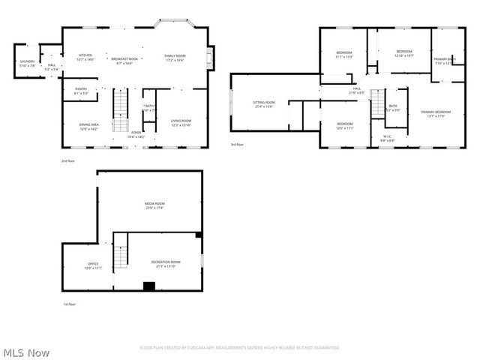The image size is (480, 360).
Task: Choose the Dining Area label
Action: (x=89, y=126)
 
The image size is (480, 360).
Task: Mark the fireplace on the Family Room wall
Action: (x=211, y=58)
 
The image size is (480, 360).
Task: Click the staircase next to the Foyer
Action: (x=121, y=110)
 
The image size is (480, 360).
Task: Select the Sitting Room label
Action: (x=264, y=104)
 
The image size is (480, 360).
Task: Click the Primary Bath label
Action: (x=444, y=61)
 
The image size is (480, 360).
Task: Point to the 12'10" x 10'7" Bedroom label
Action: (x=404, y=53)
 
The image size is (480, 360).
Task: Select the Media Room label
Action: (x=154, y=205)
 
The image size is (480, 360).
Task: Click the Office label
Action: (x=93, y=265)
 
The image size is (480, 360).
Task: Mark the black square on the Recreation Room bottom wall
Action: (x=149, y=286)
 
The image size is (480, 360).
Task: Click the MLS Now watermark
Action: (x=26, y=352)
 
